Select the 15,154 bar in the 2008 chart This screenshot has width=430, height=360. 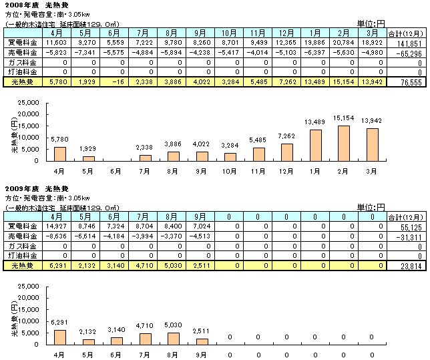click(343, 145)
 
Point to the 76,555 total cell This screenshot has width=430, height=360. click(411, 81)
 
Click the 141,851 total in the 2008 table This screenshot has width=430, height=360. click(410, 41)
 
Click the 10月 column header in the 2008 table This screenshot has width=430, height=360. click(228, 31)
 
